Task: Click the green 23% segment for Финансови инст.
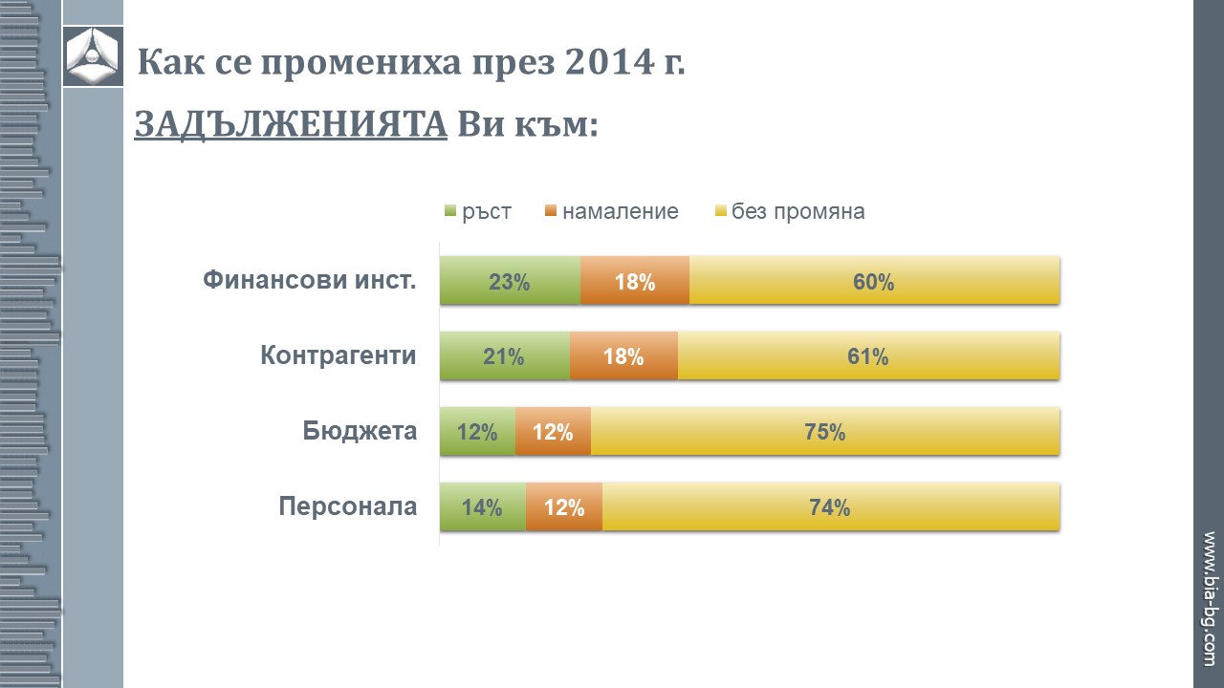coord(510,281)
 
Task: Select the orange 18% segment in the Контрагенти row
coord(623,356)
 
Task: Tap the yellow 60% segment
coord(874,281)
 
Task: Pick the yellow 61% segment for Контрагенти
coord(868,356)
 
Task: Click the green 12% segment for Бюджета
coord(477,431)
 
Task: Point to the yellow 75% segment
coord(825,431)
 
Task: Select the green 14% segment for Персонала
coord(482,506)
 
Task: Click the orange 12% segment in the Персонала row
coord(564,506)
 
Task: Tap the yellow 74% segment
coord(830,506)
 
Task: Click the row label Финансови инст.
coord(310,281)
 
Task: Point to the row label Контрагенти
coord(339,356)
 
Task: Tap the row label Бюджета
coord(361,431)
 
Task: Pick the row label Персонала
coord(348,506)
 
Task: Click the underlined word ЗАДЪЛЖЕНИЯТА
coord(291,124)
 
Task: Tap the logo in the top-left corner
coord(93,56)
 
